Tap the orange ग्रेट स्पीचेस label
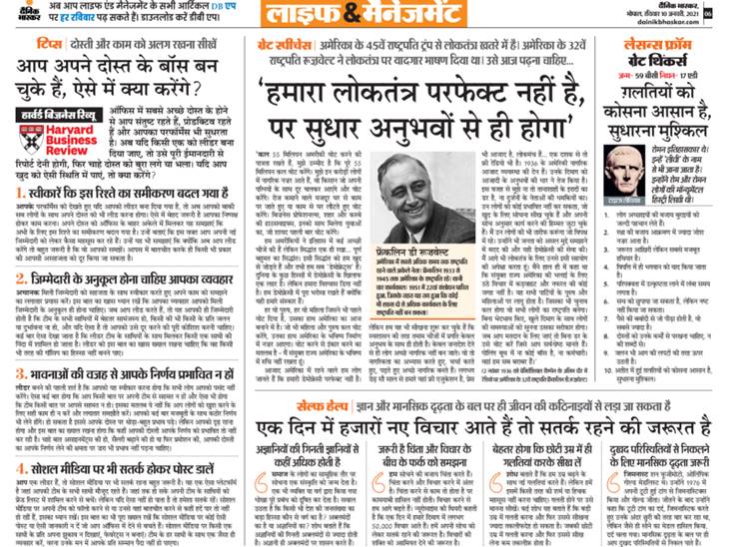pos(275,44)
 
